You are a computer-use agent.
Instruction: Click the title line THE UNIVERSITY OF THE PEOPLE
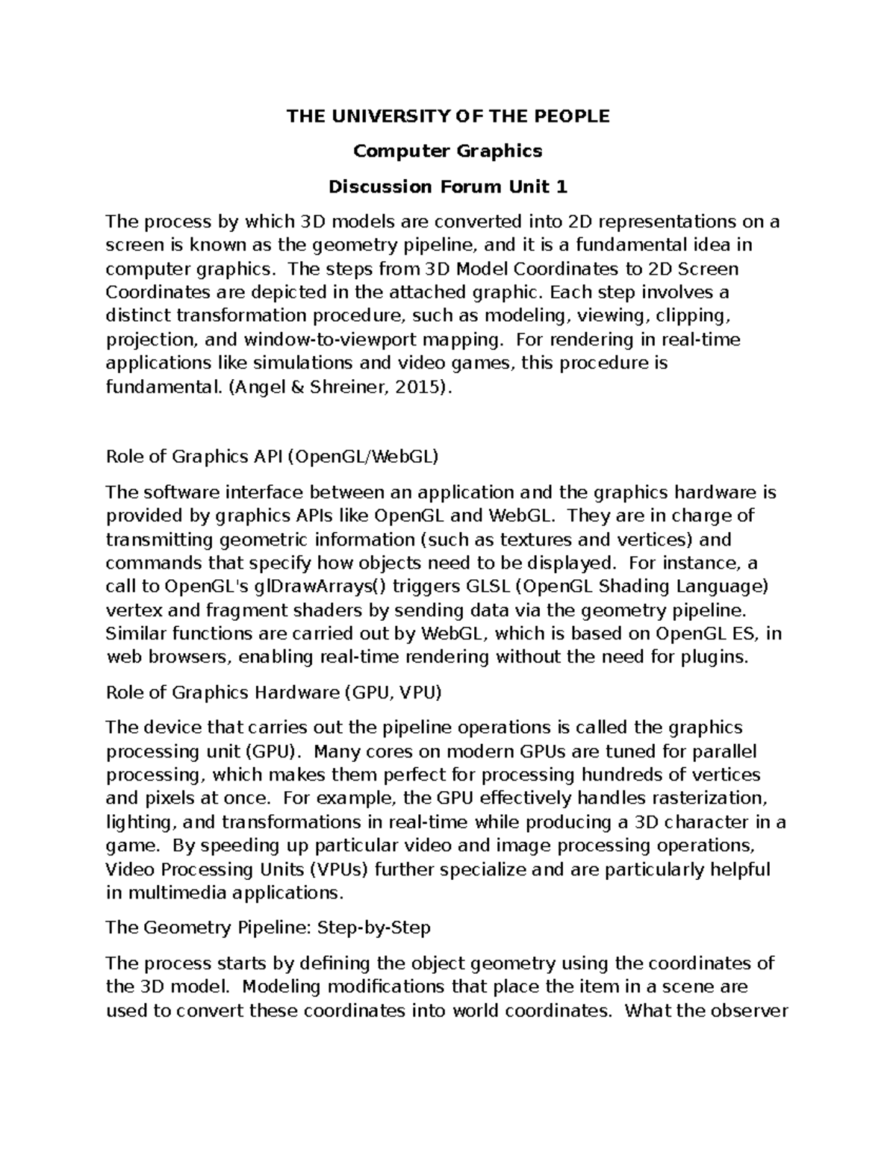(x=448, y=116)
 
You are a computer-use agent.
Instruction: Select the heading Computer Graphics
(x=448, y=151)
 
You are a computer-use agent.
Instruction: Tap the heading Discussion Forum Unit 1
(x=448, y=187)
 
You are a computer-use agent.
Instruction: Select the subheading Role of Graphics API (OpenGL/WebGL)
(x=272, y=457)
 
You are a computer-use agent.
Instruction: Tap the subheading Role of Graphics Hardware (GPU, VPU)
(x=274, y=693)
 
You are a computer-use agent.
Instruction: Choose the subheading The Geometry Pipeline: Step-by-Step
(x=268, y=928)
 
